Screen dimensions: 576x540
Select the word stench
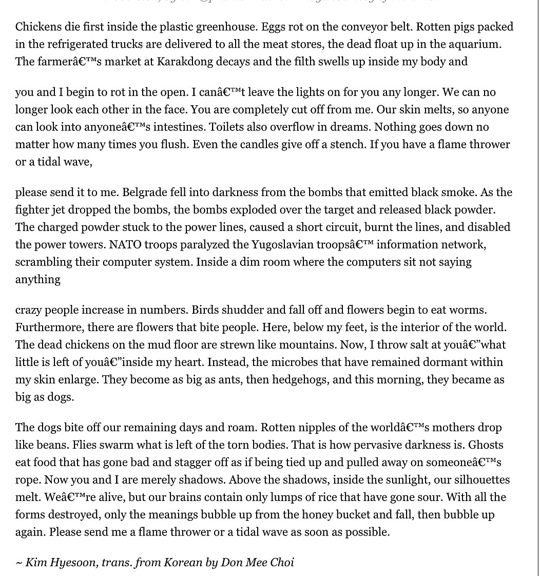(x=343, y=144)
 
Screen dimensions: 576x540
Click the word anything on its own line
(x=38, y=279)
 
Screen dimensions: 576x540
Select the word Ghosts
(x=486, y=445)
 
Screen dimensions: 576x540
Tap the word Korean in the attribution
(x=183, y=562)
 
